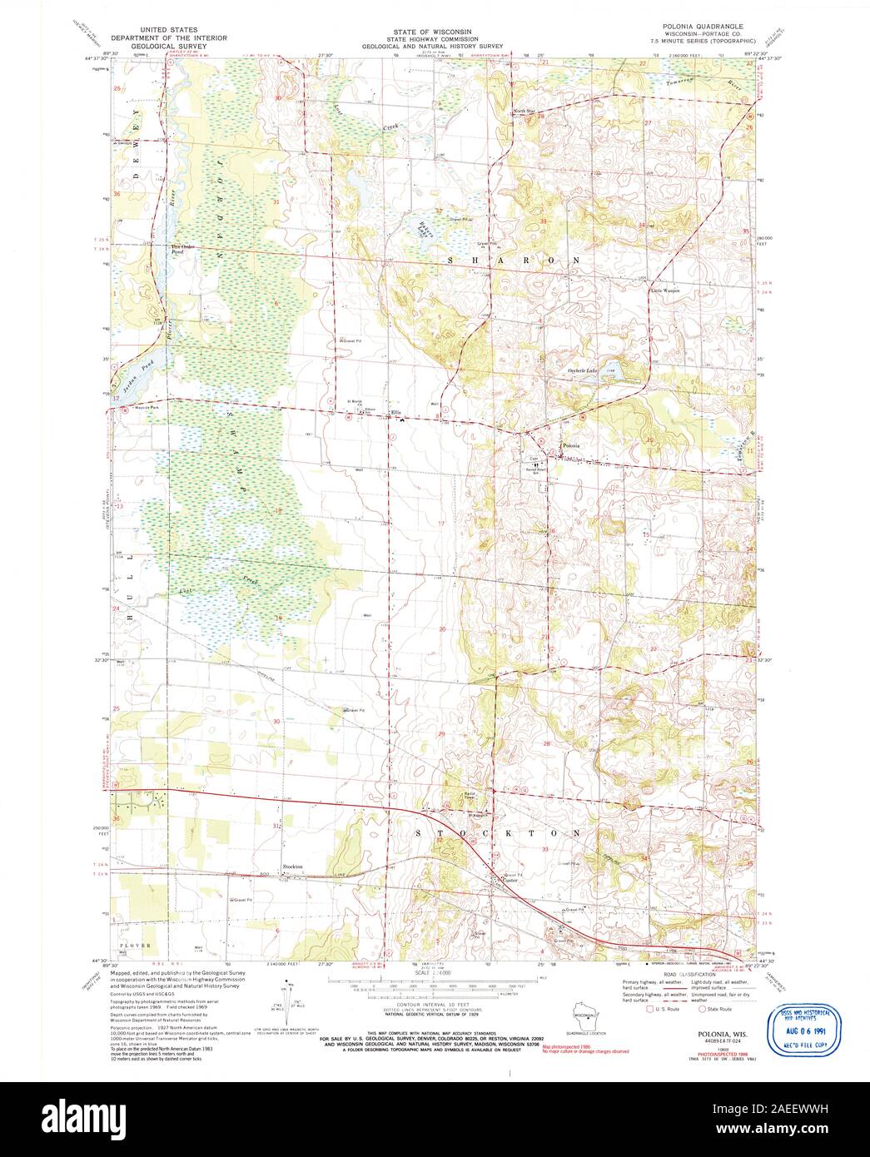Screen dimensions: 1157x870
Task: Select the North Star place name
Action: [524, 111]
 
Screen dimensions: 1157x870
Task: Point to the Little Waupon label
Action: [665, 290]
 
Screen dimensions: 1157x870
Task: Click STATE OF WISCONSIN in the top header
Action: [433, 29]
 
